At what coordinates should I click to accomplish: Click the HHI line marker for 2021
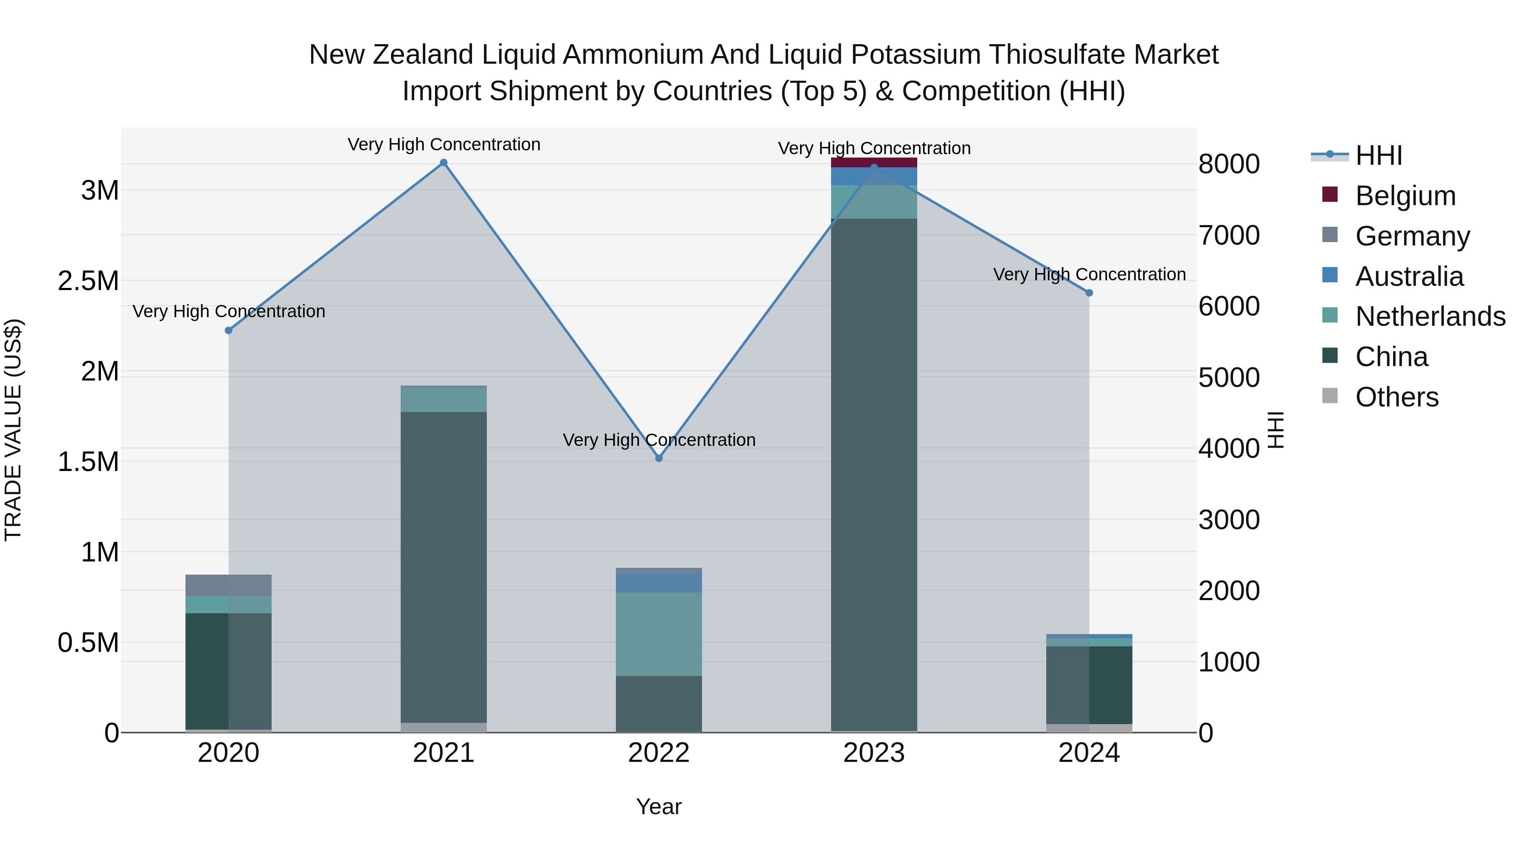(443, 163)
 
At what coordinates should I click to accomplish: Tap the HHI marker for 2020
(228, 330)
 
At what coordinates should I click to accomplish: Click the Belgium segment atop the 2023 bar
(874, 162)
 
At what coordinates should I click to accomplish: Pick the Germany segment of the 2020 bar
(228, 585)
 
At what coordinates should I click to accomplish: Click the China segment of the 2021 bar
(443, 567)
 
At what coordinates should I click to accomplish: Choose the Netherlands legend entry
(1430, 316)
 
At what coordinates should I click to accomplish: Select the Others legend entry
(1396, 397)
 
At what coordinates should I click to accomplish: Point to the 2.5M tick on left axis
(88, 281)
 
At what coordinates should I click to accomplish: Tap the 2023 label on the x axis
(874, 753)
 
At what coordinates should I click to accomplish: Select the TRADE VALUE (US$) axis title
(13, 430)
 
